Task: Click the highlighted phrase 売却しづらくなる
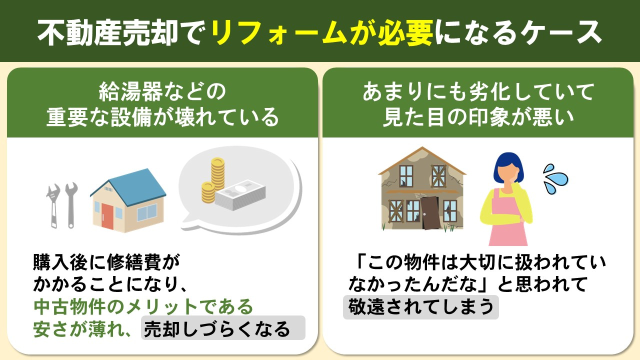(x=217, y=329)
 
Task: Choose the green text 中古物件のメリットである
(x=143, y=306)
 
